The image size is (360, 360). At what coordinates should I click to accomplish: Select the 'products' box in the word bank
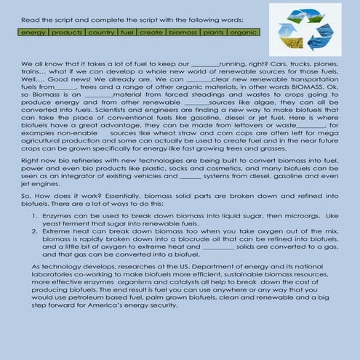click(67, 33)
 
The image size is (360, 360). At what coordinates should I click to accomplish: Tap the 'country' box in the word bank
click(103, 33)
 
